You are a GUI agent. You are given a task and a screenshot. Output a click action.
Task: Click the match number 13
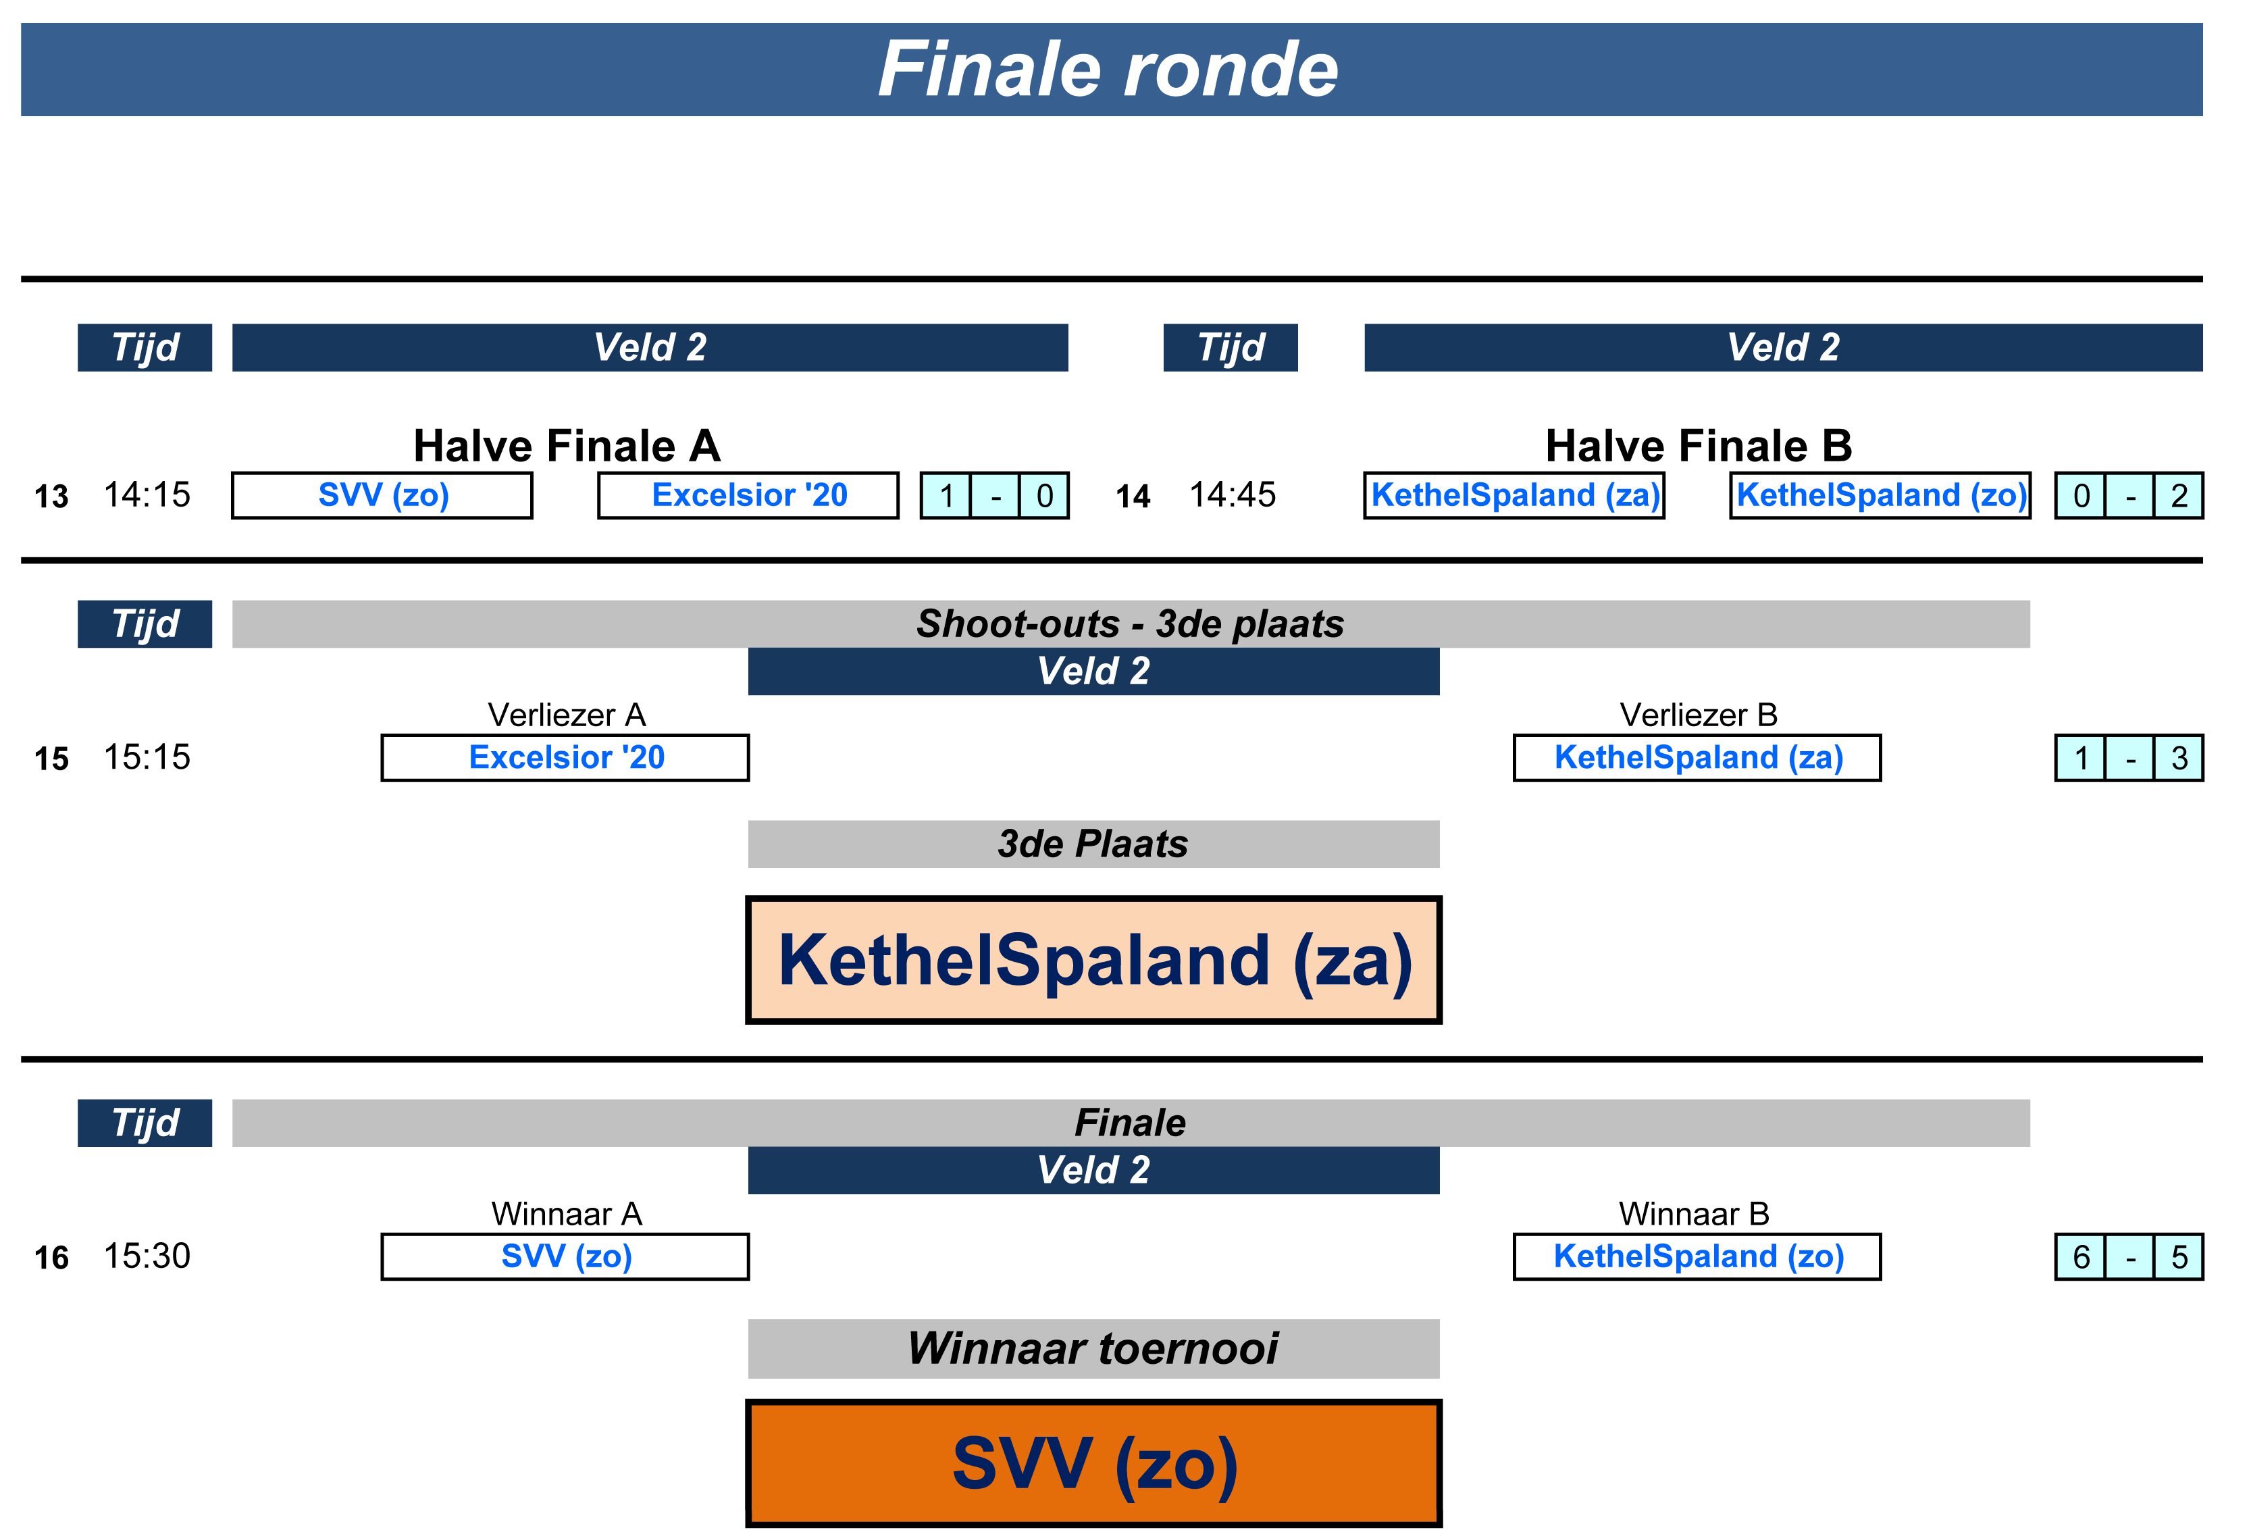pos(51,497)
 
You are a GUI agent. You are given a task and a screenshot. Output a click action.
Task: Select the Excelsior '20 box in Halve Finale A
pos(748,496)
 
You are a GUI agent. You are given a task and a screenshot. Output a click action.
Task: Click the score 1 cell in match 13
pos(946,496)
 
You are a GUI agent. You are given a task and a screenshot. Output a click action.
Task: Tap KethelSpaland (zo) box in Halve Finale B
pos(1880,496)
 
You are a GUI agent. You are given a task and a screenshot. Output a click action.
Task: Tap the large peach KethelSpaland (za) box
pos(1093,960)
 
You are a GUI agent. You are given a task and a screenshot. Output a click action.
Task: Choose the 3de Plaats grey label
pos(1093,844)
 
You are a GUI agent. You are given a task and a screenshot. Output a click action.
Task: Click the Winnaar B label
pos(1694,1214)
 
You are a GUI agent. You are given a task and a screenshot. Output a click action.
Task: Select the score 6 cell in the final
pos(2081,1257)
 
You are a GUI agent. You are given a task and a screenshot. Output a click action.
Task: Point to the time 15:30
pos(147,1256)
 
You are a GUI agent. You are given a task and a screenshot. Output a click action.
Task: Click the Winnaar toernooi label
pos(1093,1348)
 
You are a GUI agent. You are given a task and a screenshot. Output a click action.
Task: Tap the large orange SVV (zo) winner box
pos(1093,1463)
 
